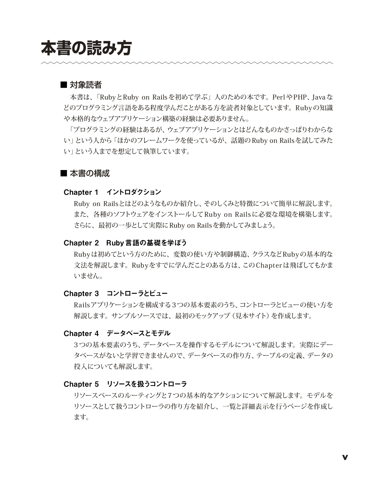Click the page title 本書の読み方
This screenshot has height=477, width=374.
coord(86,48)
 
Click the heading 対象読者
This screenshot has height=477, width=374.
coord(86,85)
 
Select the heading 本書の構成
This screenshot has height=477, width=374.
coord(90,173)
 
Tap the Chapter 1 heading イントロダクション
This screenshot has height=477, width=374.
coord(134,192)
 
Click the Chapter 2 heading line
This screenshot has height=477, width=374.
coord(125,243)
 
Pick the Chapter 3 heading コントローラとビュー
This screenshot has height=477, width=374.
coord(137,293)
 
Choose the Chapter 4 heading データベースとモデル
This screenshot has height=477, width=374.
coord(138,333)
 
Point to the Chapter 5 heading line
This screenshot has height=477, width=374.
coord(125,384)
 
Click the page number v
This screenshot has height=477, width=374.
coord(345,457)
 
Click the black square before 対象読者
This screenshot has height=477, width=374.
coord(64,85)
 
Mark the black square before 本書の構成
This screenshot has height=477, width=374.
coord(64,173)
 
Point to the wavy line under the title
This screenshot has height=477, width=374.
coord(187,63)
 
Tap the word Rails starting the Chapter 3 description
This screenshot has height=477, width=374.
coord(82,305)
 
